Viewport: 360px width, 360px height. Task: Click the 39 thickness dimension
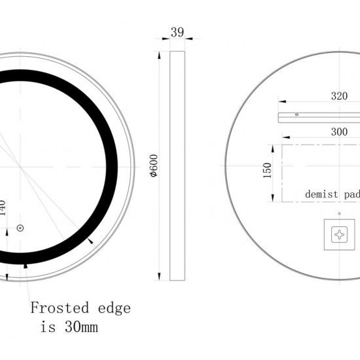pos(177,31)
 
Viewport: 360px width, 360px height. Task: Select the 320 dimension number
pos(339,96)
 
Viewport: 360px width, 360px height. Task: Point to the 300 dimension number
pos(339,131)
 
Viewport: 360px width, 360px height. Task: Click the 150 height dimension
pos(267,171)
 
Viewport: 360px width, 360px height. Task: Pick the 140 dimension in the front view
pos(3,209)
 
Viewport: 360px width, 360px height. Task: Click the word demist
pos(321,194)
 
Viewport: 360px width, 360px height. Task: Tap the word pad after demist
pos(351,194)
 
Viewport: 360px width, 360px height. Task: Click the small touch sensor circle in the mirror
pos(20,228)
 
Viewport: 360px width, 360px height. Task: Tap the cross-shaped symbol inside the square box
pos(339,234)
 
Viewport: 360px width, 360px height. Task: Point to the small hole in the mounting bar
pos(296,115)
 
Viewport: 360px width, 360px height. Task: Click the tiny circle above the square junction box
pos(339,213)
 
